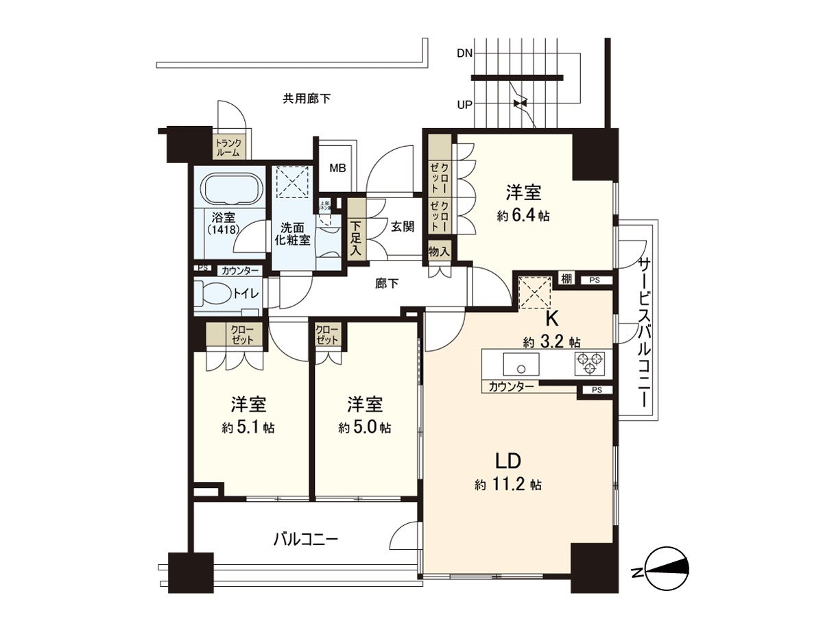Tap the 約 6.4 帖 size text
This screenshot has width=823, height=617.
[523, 215]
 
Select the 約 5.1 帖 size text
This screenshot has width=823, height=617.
[248, 428]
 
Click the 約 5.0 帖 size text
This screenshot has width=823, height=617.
[364, 428]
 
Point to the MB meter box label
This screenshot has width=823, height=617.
[337, 167]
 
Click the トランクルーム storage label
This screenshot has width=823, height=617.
[227, 148]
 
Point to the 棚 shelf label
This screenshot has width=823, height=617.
[565, 278]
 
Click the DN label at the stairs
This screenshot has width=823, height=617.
[464, 53]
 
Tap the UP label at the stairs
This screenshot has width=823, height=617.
[464, 106]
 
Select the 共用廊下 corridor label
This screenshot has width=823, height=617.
[307, 99]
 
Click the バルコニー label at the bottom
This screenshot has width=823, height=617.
[306, 539]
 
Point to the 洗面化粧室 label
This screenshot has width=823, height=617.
[295, 234]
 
